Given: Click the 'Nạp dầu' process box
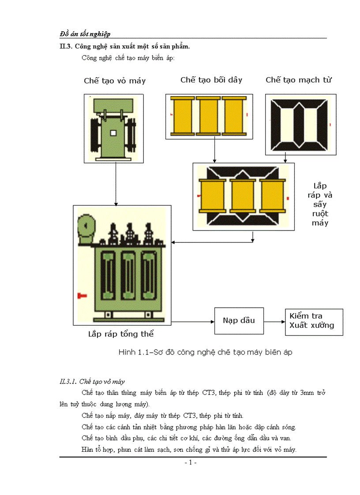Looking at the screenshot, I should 239,320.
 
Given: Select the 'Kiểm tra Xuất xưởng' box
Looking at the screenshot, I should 314,321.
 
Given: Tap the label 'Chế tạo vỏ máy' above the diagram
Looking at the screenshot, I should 115,81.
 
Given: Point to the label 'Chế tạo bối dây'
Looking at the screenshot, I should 211,80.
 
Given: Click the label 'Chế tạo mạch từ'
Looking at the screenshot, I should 299,80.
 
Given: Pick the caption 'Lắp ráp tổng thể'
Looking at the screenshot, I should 121,334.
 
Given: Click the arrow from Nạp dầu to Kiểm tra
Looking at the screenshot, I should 274,321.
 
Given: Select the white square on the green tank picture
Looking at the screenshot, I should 113,133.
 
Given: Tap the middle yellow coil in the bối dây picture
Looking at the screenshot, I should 209,115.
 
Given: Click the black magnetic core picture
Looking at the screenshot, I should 300,125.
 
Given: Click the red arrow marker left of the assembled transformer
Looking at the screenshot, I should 82,294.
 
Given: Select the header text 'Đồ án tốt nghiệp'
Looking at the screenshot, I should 85,33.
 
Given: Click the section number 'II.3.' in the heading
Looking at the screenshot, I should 66,46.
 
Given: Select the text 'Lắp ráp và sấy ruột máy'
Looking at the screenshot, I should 320,204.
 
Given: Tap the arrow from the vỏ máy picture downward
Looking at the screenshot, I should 116,183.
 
